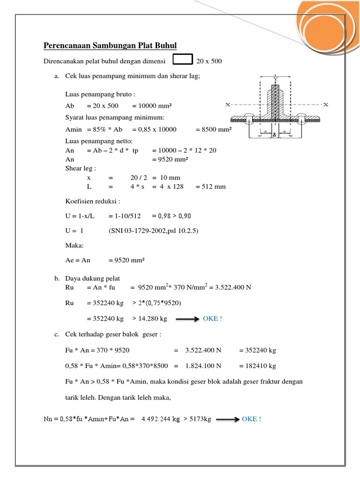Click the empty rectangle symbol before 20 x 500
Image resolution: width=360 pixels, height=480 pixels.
pyautogui.click(x=183, y=60)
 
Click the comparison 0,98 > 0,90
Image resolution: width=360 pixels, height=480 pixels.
pyautogui.click(x=172, y=216)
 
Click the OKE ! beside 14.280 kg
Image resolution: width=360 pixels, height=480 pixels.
pyautogui.click(x=212, y=319)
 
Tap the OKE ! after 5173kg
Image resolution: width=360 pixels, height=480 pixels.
pyautogui.click(x=252, y=419)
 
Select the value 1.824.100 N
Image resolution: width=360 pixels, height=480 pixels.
pyautogui.click(x=204, y=366)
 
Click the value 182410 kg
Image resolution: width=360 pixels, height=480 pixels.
pyautogui.click(x=257, y=366)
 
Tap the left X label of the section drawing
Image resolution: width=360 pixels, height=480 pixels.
pyautogui.click(x=228, y=105)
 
